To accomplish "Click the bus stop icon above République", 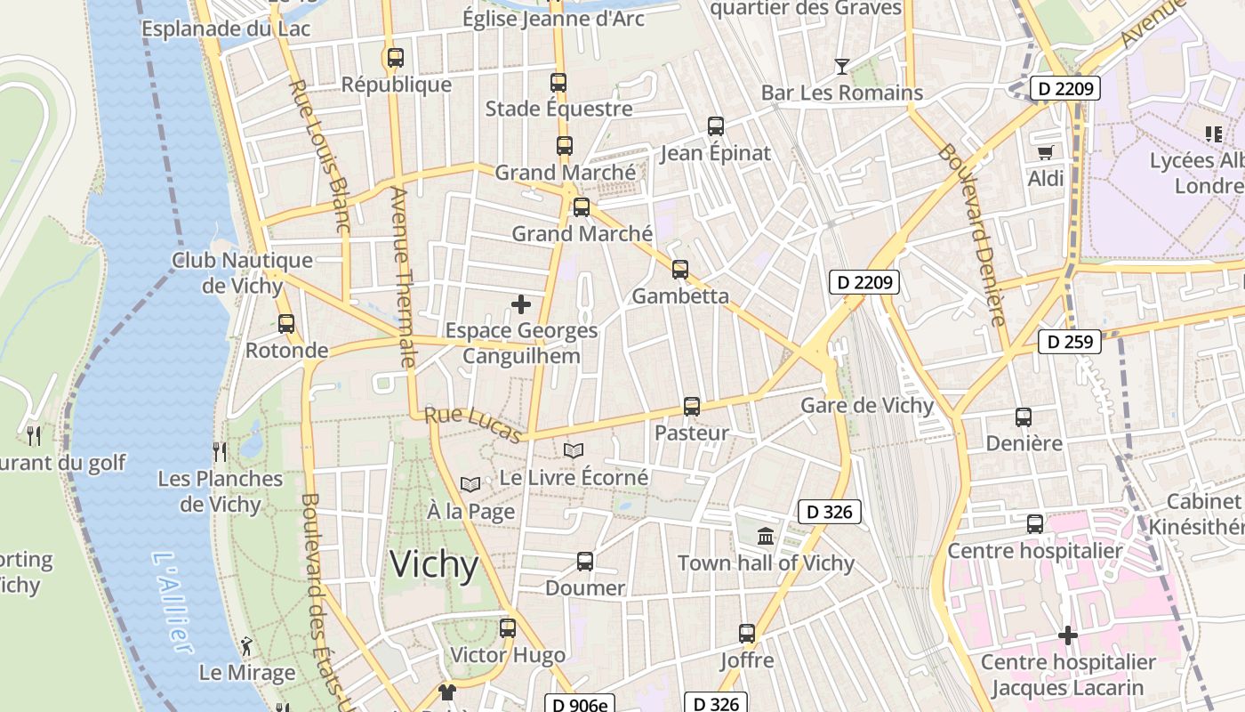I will click(x=396, y=58).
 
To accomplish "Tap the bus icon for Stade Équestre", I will click(x=558, y=83).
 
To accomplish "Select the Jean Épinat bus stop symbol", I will click(x=716, y=126).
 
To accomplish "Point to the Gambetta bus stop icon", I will click(x=680, y=269).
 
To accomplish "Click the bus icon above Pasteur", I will click(x=692, y=407).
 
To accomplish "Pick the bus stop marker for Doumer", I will click(x=585, y=562).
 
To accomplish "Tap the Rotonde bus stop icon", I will click(x=286, y=324).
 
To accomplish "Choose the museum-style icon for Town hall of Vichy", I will click(x=766, y=536).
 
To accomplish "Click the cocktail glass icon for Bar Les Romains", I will click(x=841, y=66).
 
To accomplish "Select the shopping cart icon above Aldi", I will click(x=1045, y=152).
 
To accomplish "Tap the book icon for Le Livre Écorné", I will click(x=574, y=451).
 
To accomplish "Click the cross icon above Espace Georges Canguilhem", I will click(x=521, y=304).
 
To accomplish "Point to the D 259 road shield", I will click(x=1070, y=341).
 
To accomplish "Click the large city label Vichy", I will click(x=434, y=564).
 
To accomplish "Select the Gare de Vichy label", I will click(x=867, y=406).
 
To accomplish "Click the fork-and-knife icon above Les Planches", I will click(x=219, y=452).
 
